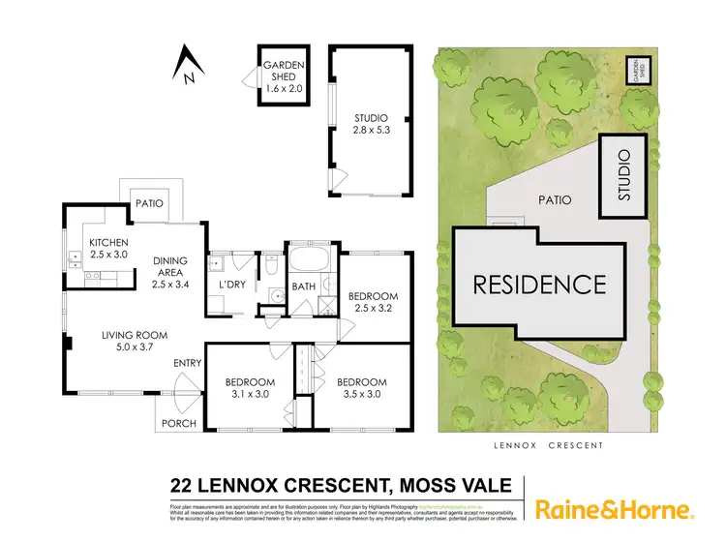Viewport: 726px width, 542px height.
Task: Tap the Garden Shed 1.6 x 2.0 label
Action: pos(283,75)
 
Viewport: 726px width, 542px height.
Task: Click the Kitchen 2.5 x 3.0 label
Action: pos(107,249)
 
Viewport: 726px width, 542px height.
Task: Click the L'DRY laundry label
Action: pos(231,286)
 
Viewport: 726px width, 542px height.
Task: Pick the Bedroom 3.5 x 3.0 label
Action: pos(362,387)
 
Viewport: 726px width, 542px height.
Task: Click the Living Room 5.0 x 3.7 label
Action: pos(136,342)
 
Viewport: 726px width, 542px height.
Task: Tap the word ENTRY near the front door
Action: pos(188,363)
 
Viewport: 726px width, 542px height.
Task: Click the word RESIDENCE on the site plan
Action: pos(539,285)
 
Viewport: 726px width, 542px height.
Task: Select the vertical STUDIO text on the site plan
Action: pos(624,175)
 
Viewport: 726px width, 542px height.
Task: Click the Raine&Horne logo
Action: pos(613,509)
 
